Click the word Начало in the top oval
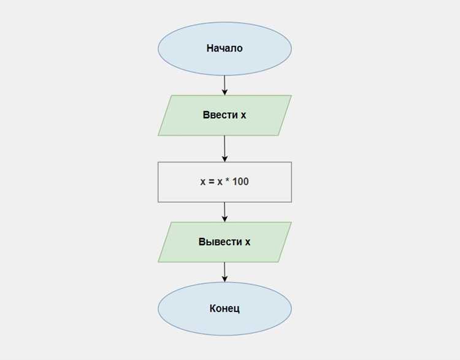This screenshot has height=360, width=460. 224,48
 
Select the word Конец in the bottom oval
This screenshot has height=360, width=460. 224,308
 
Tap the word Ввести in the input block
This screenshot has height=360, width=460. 220,115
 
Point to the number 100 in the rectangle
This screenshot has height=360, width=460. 240,182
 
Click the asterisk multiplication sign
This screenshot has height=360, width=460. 227,180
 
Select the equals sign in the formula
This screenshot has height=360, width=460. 211,182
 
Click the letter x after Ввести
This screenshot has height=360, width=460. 243,115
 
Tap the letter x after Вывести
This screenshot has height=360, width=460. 248,242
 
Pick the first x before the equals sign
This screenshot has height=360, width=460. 203,182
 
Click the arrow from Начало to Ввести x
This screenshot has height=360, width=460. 224,85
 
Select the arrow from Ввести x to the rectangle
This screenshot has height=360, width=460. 224,149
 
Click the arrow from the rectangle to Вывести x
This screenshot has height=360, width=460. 224,212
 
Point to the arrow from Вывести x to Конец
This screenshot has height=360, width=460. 224,272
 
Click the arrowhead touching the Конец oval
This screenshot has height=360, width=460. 224,279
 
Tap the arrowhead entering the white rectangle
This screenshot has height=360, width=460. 224,159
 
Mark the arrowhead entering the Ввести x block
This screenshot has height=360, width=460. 224,92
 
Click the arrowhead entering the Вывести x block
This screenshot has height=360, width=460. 224,219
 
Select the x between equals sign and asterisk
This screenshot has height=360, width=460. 220,182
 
